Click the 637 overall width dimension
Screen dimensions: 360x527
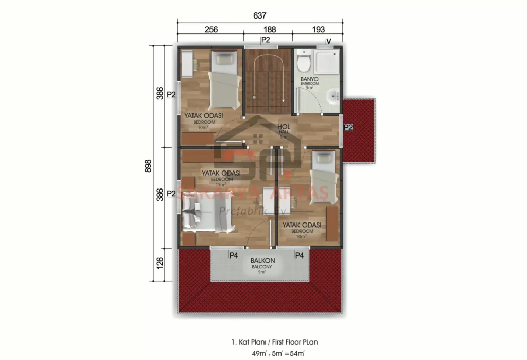260,16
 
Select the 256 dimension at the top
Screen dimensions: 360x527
211,29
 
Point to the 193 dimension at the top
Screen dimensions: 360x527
319,29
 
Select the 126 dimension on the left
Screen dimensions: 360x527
160,264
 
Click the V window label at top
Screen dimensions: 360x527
328,41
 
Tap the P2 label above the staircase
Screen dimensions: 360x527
266,40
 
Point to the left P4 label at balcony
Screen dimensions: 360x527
233,254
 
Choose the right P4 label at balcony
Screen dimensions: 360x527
298,254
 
